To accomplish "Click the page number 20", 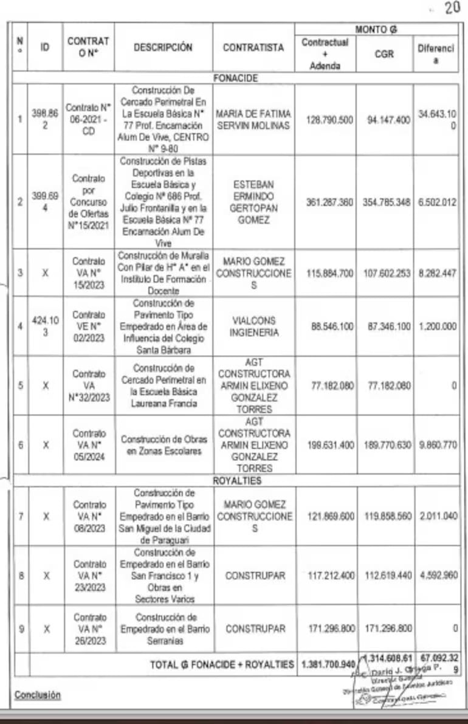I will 453,9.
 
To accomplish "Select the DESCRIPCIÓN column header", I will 163,47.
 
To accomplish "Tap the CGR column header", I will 384,54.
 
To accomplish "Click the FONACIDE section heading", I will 236,78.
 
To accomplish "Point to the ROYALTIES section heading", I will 236,480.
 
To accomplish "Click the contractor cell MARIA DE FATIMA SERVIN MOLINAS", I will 253,119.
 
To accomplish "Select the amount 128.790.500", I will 329,120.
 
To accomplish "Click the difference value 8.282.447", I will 436,273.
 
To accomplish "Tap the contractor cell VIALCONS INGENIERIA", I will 253,326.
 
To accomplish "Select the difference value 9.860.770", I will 436,444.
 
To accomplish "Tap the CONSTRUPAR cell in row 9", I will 253,629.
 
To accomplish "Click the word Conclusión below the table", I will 38,694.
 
